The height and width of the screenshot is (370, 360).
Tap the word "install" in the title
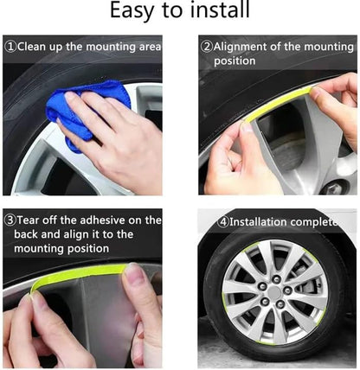point(216,12)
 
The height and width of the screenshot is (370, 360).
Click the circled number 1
point(10,47)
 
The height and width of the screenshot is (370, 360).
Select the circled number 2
point(206,47)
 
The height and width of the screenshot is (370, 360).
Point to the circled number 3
point(10,220)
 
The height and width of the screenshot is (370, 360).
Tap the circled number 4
point(222,221)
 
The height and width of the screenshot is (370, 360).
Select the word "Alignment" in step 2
point(244,47)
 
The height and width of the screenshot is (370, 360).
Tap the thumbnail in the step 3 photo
point(134,277)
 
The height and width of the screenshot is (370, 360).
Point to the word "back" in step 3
point(30,234)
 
